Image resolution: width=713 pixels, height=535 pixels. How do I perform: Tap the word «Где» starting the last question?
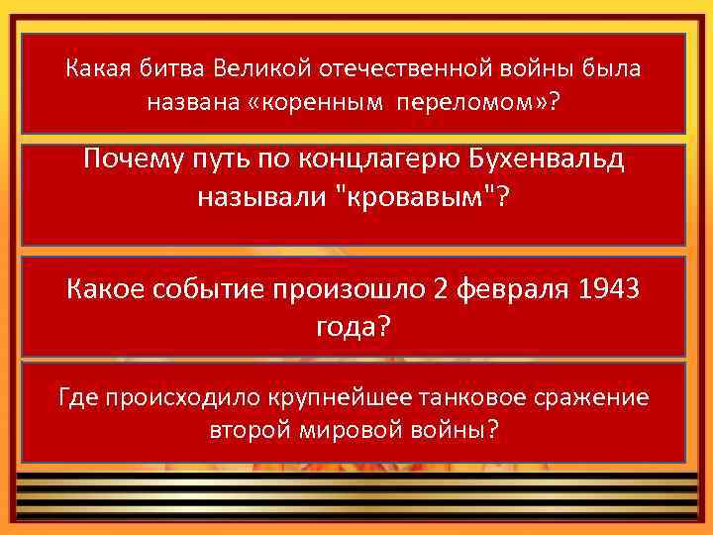click(78, 398)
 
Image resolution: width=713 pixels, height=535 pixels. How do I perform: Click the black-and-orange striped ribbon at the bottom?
click(356, 495)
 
